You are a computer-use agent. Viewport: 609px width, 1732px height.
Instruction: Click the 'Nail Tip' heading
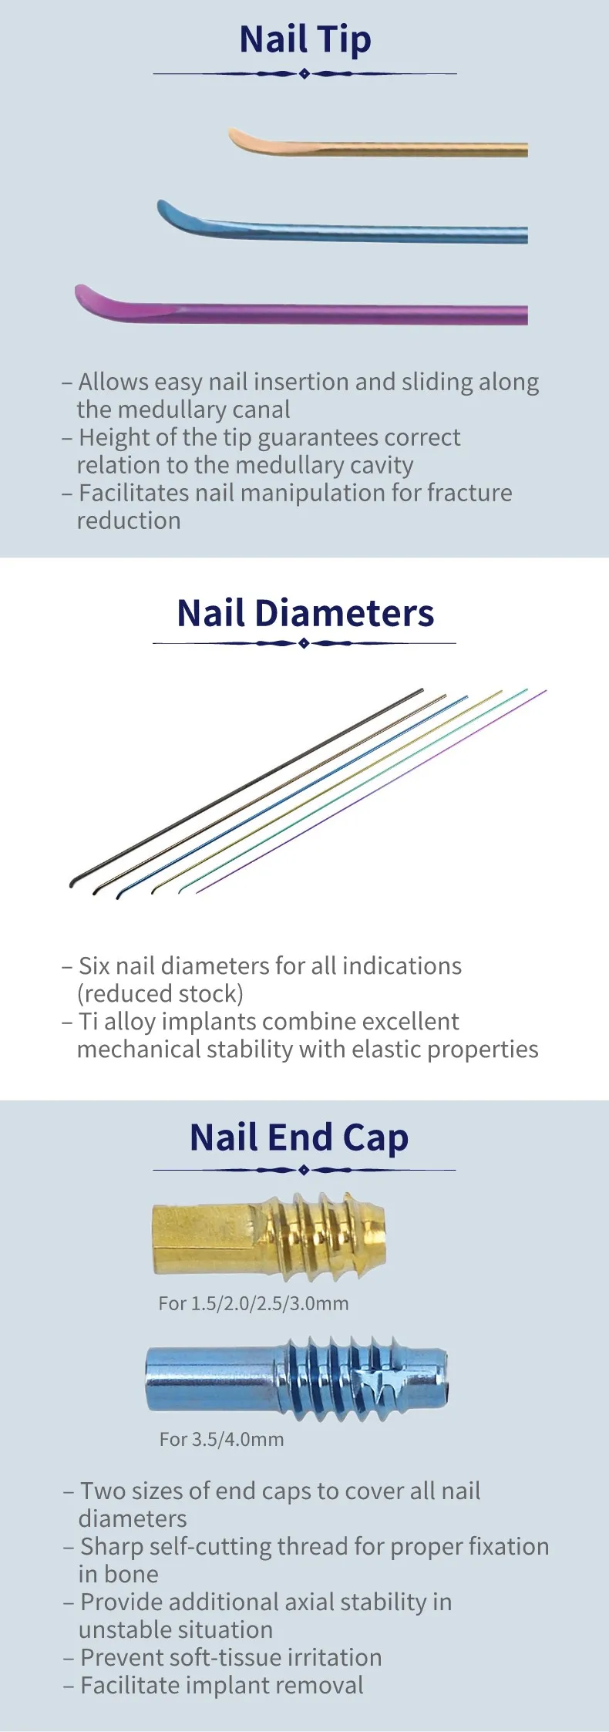pos(305,40)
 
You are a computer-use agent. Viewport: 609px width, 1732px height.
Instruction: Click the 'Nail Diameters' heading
pos(305,614)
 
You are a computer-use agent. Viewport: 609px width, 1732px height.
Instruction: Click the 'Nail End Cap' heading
pos(299,1138)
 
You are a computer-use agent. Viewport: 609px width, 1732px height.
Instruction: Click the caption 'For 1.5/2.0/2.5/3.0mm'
pos(254,1304)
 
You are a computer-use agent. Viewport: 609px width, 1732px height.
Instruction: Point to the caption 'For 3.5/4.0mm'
pos(222,1439)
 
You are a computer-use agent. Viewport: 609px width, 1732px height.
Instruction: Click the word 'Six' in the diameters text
pos(95,965)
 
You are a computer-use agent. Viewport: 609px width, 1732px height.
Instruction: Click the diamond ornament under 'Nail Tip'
pos(304,74)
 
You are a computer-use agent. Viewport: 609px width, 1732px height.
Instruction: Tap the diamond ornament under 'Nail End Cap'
pos(304,1170)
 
